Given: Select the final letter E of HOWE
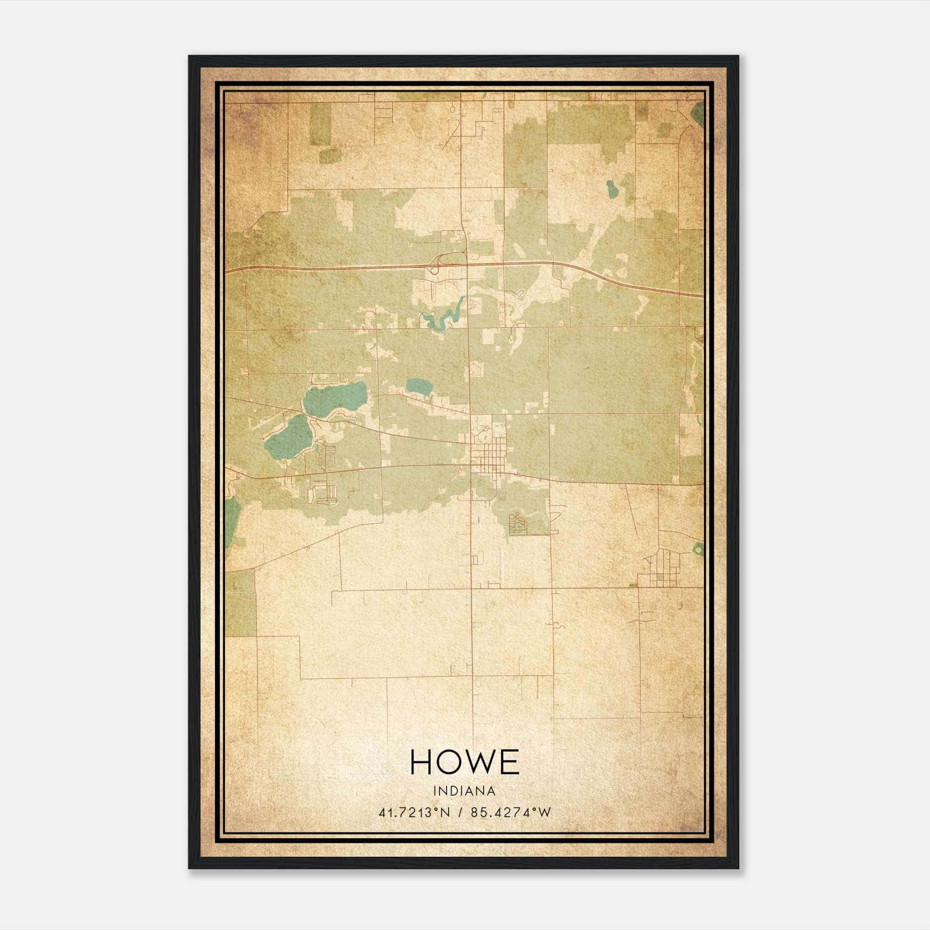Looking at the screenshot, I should pos(508,761).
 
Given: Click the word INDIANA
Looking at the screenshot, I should pos(464,791).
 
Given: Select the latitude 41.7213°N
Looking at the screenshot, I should pos(414,813).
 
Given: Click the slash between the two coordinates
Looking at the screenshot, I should pos(461,813).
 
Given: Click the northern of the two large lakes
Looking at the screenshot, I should pos(335,398).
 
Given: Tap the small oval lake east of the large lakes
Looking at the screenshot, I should pos(419,385).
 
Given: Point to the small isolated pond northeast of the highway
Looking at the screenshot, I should pos(611,188).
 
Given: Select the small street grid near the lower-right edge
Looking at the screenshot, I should pos(659,570).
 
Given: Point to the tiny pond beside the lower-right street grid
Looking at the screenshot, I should pos(698,548).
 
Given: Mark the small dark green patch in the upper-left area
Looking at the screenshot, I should pos(328,155).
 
